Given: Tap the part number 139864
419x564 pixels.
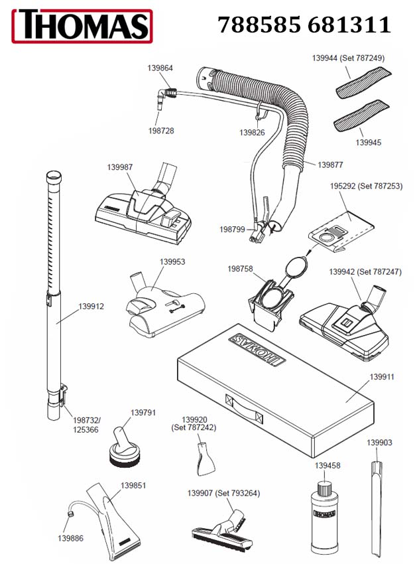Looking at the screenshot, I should click(160, 68).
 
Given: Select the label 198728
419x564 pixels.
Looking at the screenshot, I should click(161, 131).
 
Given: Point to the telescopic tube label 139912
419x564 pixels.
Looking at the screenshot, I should click(91, 306).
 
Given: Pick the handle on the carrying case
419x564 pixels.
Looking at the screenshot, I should click(245, 409).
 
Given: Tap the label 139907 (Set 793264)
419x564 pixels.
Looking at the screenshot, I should click(223, 492).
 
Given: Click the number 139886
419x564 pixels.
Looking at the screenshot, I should click(71, 537).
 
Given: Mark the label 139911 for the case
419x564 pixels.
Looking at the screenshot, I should click(382, 377).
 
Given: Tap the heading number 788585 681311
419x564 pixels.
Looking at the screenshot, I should click(304, 25).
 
